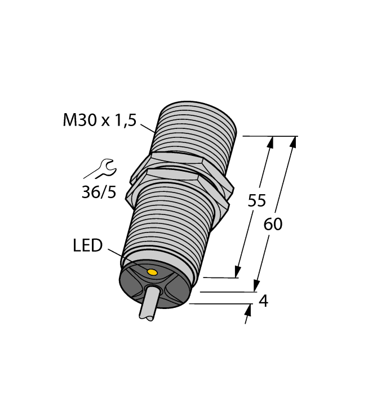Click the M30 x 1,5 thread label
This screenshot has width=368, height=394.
pyautogui.click(x=99, y=120)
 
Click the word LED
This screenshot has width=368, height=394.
pyautogui.click(x=87, y=245)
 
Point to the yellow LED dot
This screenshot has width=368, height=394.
pyautogui.click(x=151, y=272)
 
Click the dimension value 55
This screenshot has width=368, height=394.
pyautogui.click(x=256, y=201)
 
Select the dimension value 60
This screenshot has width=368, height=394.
pyautogui.click(x=273, y=224)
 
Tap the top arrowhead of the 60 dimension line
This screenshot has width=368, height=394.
pyautogui.click(x=293, y=141)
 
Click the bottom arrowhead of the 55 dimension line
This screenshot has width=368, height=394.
pyautogui.click(x=238, y=272)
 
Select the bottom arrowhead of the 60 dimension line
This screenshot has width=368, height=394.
pyautogui.click(x=256, y=287)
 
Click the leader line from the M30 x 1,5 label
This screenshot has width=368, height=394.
pyautogui.click(x=148, y=127)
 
